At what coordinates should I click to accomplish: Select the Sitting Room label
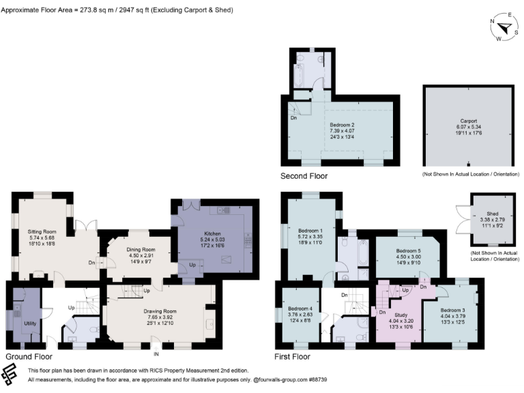[42, 232]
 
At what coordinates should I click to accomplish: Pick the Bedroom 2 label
[342, 125]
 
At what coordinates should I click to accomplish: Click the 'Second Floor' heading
[304, 176]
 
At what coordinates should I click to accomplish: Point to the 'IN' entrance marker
[156, 355]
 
